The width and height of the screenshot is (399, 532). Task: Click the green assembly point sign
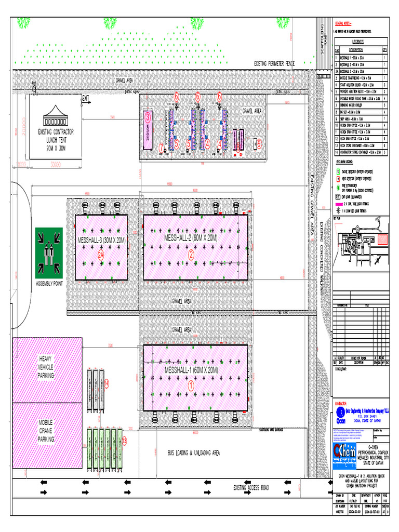coord(49,252)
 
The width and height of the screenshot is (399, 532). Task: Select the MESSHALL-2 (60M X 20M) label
coord(191,238)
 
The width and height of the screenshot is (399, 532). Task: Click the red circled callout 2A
coord(101,255)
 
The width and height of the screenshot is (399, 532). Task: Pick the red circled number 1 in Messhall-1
coord(190,386)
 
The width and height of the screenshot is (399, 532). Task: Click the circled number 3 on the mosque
coord(147,116)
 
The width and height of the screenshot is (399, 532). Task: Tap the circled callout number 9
coord(259,143)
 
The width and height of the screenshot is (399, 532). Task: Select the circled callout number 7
coord(162,147)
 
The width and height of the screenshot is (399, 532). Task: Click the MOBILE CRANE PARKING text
coord(46,430)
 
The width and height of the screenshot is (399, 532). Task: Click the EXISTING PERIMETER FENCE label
coord(274,63)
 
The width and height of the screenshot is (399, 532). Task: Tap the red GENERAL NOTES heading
coord(343,24)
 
